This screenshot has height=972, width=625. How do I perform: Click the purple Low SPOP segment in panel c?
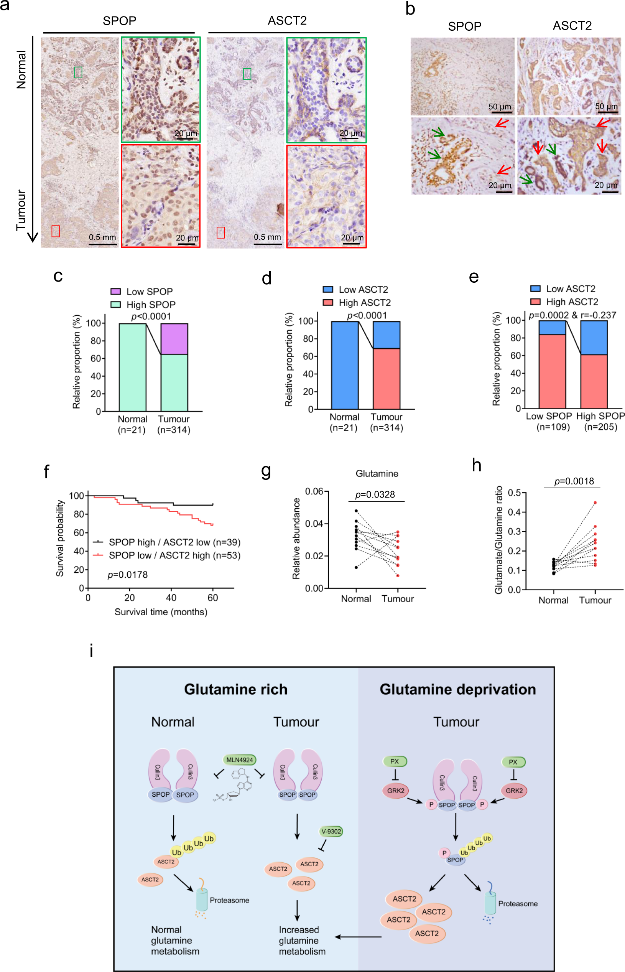(174, 339)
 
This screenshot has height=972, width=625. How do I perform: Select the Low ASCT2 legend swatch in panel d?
(327, 290)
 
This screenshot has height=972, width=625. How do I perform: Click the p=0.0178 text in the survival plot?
(127, 575)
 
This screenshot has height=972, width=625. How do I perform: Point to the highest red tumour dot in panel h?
(595, 502)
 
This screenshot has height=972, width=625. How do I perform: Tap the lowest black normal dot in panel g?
(356, 567)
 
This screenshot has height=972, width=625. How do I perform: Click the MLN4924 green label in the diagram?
(239, 759)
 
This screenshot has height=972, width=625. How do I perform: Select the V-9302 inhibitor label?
(331, 831)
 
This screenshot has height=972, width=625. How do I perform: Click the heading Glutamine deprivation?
(457, 689)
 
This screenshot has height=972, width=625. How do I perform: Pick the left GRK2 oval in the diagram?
(395, 791)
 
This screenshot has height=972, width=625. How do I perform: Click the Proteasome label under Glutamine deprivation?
(518, 903)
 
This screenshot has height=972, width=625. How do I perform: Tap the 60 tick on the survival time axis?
(213, 598)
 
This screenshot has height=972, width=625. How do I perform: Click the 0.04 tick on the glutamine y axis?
(314, 523)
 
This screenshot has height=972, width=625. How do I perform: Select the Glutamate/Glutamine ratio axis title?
(499, 540)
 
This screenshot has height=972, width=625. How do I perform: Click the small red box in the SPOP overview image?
(56, 231)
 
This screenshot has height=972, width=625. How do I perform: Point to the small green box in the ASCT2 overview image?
(247, 74)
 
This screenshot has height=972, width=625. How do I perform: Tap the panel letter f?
(46, 472)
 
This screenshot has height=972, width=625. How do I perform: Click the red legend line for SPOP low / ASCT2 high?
(98, 555)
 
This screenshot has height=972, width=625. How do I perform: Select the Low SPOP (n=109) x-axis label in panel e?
(549, 421)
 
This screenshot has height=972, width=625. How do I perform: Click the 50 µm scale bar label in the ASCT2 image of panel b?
(606, 106)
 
